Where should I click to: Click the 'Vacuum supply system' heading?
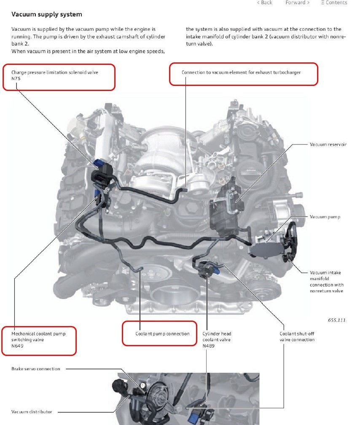click(x=47, y=14)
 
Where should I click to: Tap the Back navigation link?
click(x=264, y=3)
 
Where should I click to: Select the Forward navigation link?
click(x=297, y=3)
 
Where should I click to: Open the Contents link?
click(x=334, y=3)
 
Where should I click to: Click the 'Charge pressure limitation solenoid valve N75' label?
click(x=55, y=75)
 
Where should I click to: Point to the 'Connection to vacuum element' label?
click(x=241, y=72)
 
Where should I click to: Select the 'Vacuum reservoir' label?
click(x=328, y=144)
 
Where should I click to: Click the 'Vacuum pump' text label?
click(x=325, y=217)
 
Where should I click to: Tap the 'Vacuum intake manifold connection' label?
click(x=327, y=281)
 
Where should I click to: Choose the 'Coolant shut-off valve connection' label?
click(x=297, y=337)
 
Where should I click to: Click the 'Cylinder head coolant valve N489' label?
click(x=217, y=339)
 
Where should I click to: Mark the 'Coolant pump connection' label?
click(x=162, y=334)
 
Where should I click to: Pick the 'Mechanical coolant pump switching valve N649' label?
click(x=38, y=339)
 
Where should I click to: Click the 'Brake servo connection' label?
click(x=36, y=369)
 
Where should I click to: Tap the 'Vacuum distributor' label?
click(x=32, y=412)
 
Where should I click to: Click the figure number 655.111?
click(x=336, y=320)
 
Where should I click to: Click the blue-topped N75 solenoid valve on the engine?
click(x=101, y=165)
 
